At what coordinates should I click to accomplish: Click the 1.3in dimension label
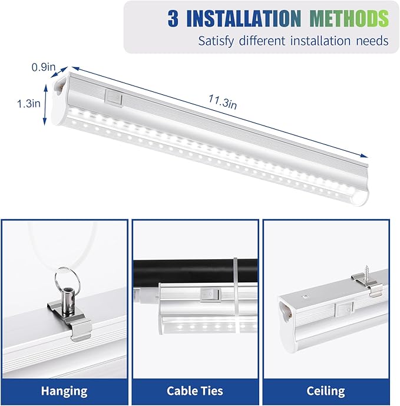28,103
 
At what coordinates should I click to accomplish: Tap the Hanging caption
64,391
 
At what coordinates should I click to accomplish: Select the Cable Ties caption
195,391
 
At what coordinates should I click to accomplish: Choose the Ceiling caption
326,391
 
